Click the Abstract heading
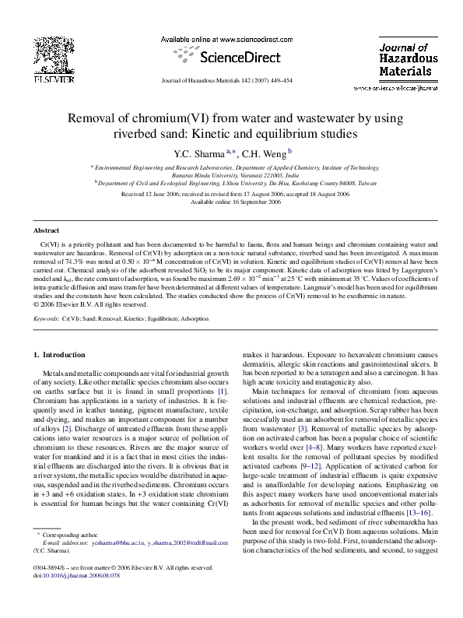pos(46,231)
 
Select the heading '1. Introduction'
pos(64,355)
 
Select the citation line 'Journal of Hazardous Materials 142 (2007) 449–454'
pos(232,80)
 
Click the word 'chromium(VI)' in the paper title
pos(170,119)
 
